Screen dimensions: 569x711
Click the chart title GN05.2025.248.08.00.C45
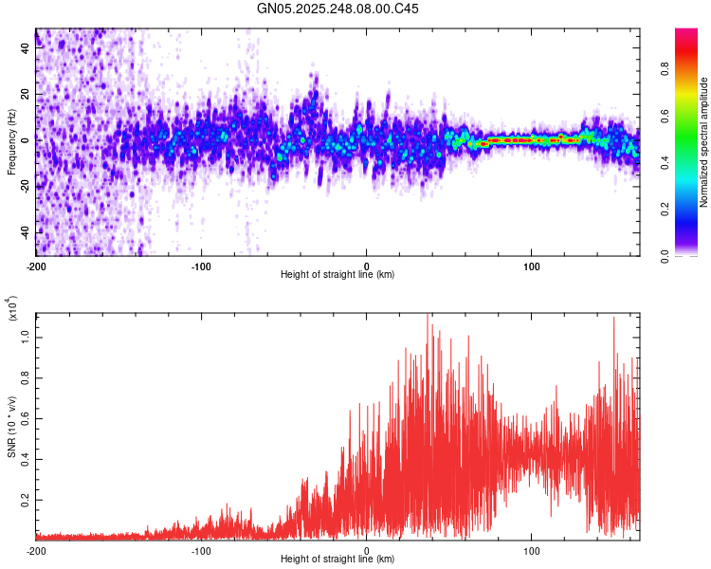coord(338,9)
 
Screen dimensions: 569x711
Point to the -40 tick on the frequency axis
coord(25,232)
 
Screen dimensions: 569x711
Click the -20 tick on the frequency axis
coord(25,187)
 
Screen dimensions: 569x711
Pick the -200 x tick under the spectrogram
coord(36,265)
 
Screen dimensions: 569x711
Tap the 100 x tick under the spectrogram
coord(532,265)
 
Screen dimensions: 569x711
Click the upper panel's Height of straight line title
coord(337,275)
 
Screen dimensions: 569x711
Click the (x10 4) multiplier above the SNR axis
coord(13,309)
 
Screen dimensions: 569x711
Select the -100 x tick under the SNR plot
coord(201,549)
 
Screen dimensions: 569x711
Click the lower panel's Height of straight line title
coord(337,560)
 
